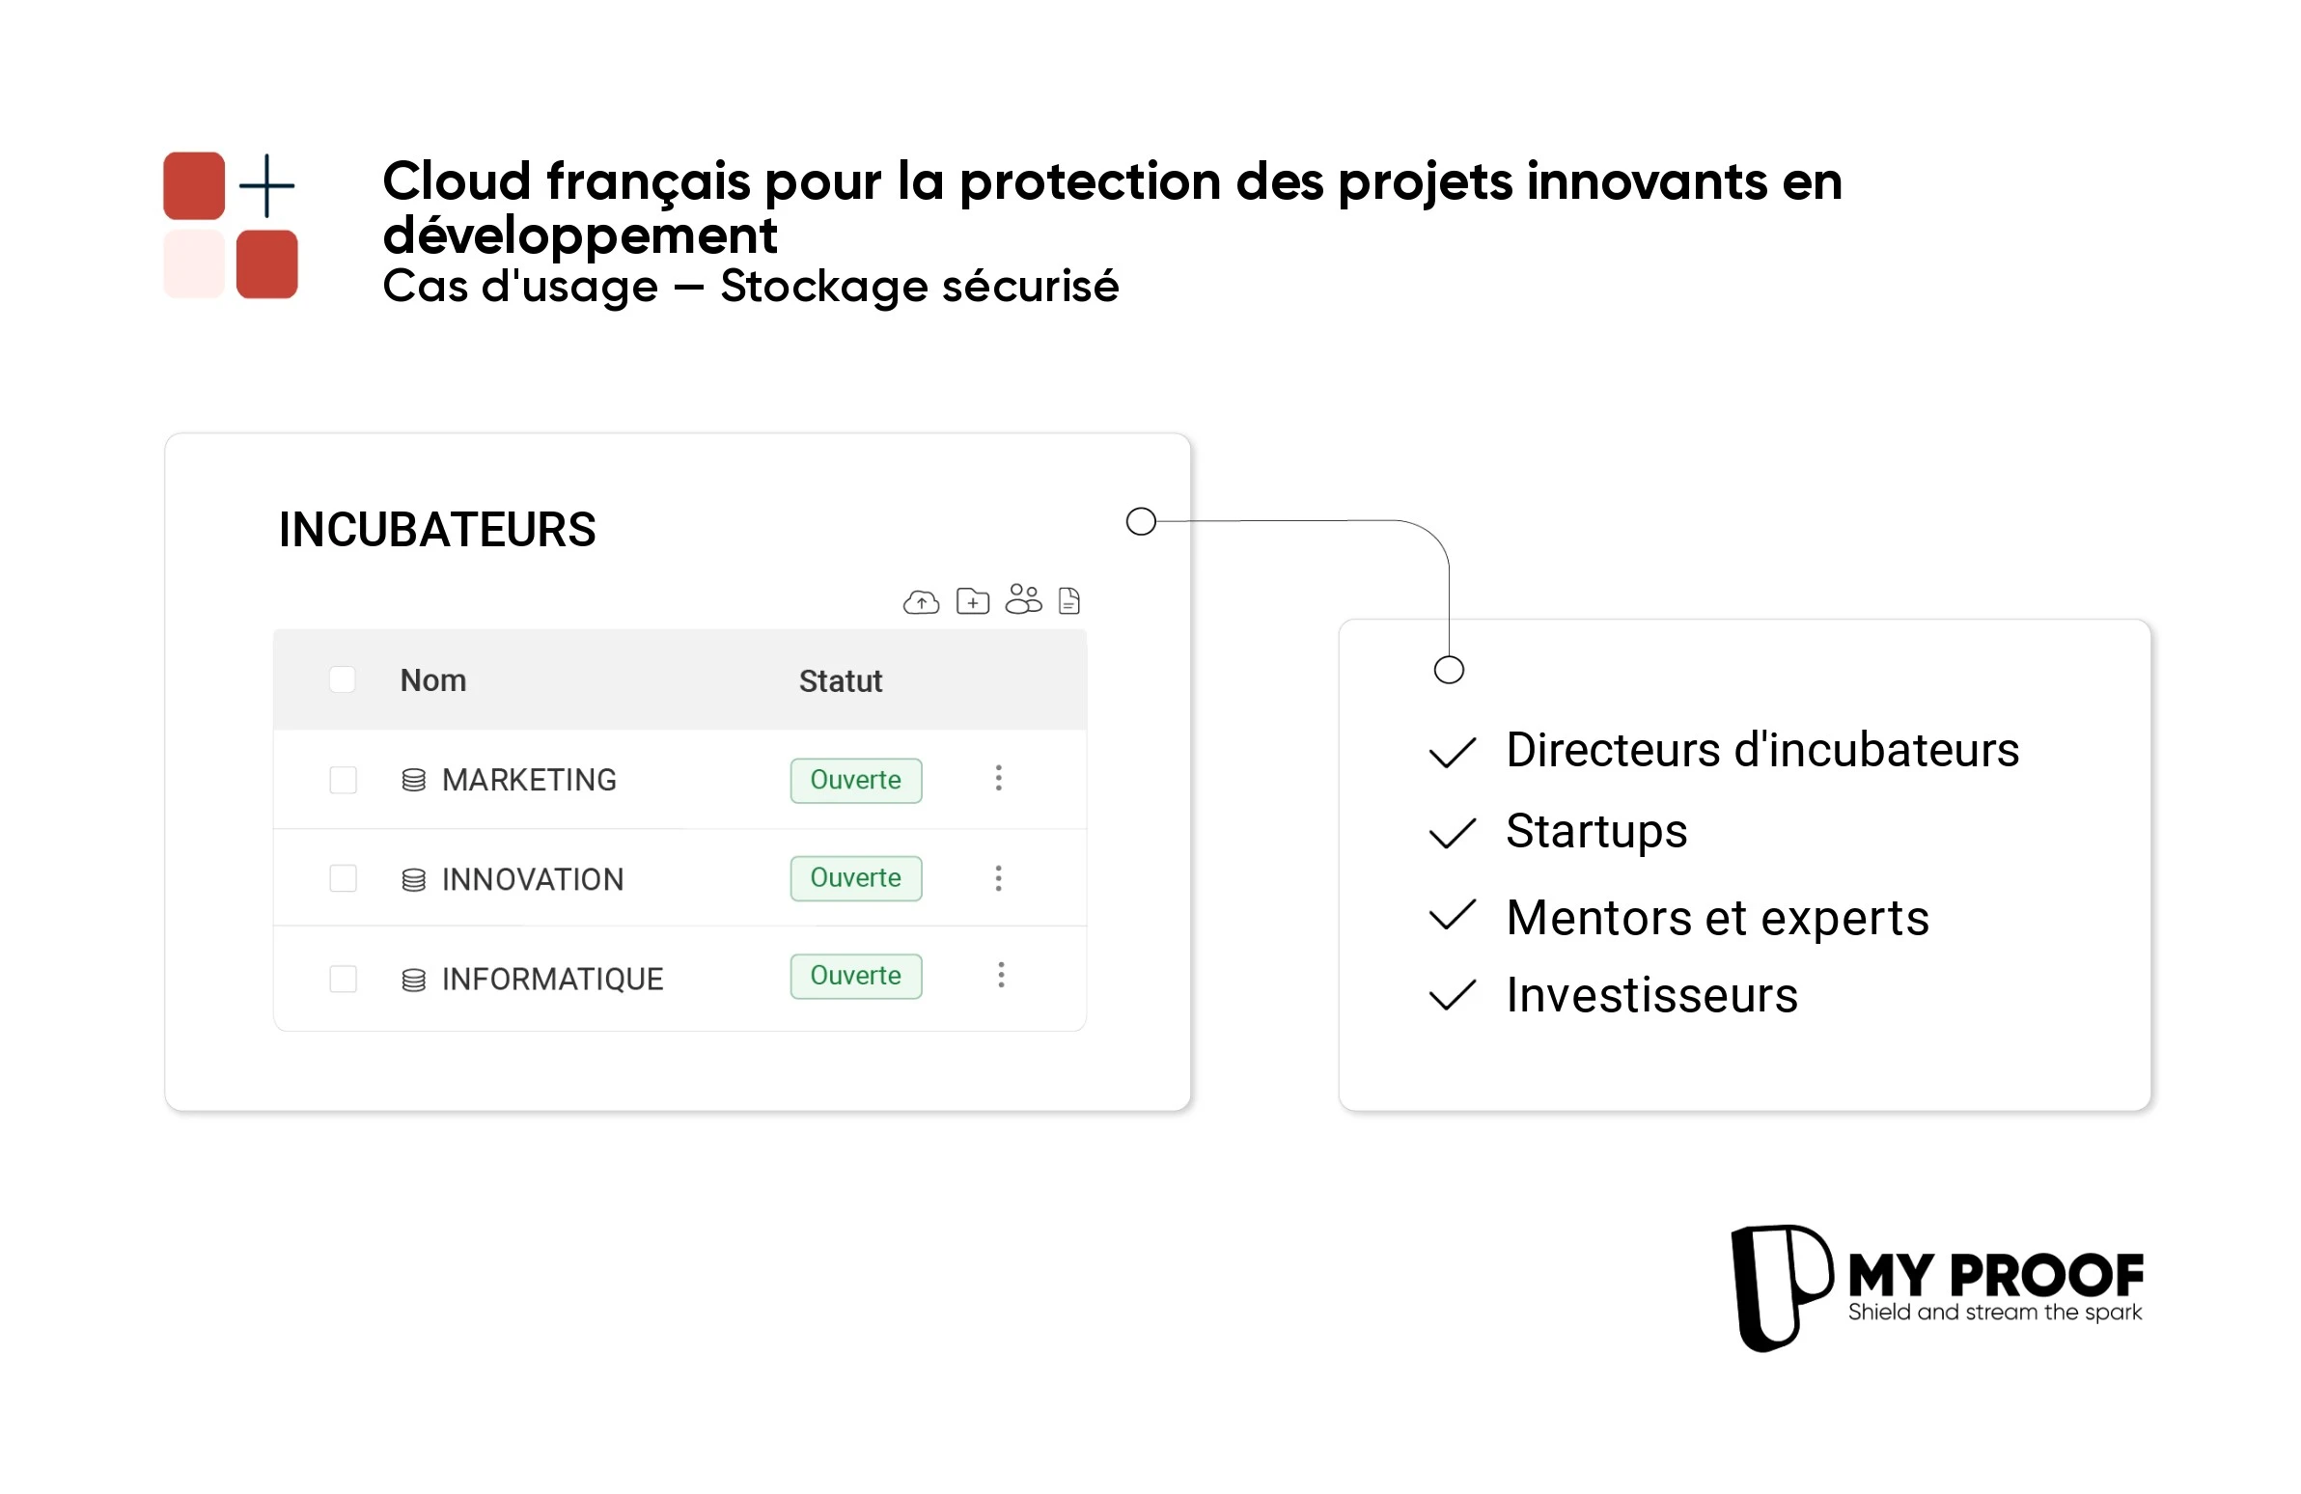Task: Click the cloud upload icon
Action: tap(921, 602)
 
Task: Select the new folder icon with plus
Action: tap(972, 601)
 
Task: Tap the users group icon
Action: tap(1023, 599)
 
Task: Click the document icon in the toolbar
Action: tap(1068, 601)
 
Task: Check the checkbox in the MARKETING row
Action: tap(344, 780)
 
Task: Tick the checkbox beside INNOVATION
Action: tap(344, 878)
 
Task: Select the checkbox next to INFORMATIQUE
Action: tap(344, 979)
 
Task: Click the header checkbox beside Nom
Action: tap(343, 679)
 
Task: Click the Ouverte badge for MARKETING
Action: tap(855, 781)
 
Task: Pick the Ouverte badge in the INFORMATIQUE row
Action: tap(855, 976)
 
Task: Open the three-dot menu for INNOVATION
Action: tap(999, 878)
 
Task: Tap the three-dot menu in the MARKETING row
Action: tap(999, 779)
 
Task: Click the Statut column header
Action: tap(840, 681)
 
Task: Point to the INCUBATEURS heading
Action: tap(437, 530)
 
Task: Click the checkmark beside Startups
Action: tap(1453, 833)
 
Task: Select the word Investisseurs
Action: tap(1651, 995)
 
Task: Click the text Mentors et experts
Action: tap(1717, 918)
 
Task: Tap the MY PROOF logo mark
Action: tap(1780, 1287)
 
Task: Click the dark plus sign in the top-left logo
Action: tap(266, 185)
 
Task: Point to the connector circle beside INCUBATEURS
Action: tap(1141, 522)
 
